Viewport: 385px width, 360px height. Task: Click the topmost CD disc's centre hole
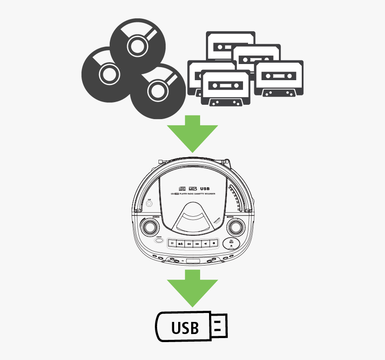click(137, 44)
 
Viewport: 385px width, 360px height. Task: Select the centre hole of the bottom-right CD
click(158, 91)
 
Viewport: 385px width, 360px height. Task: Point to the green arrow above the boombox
click(192, 133)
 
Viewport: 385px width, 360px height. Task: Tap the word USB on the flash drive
click(185, 328)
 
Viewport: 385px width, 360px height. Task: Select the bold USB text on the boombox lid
click(205, 189)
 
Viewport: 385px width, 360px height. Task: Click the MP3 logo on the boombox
click(192, 189)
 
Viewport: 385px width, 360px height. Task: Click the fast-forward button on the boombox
click(197, 244)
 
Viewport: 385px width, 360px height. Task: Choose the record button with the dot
click(214, 244)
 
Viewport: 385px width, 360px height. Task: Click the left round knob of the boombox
click(149, 228)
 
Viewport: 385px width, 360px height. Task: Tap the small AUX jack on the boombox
click(149, 204)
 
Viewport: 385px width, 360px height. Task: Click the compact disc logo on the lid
click(181, 188)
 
